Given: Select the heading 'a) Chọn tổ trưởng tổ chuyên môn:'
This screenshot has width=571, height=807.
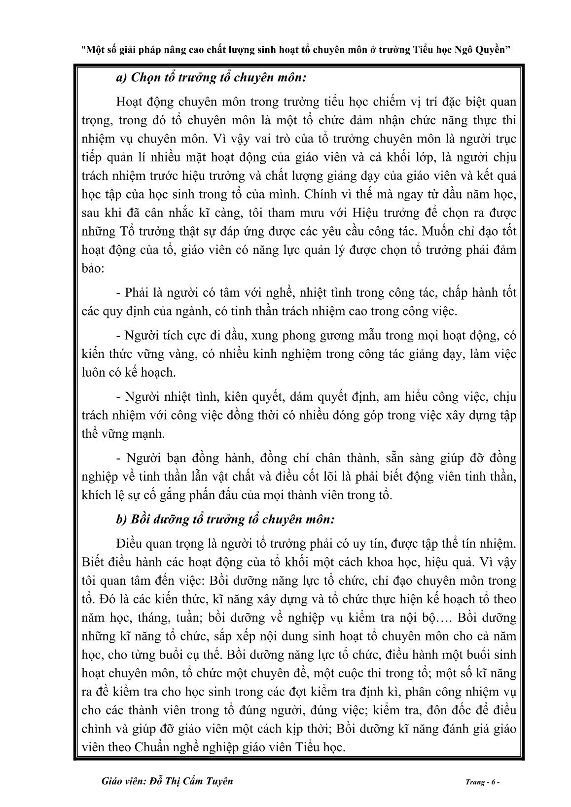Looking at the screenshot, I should point(213,78).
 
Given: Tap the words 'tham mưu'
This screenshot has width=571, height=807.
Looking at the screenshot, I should point(293,213).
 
